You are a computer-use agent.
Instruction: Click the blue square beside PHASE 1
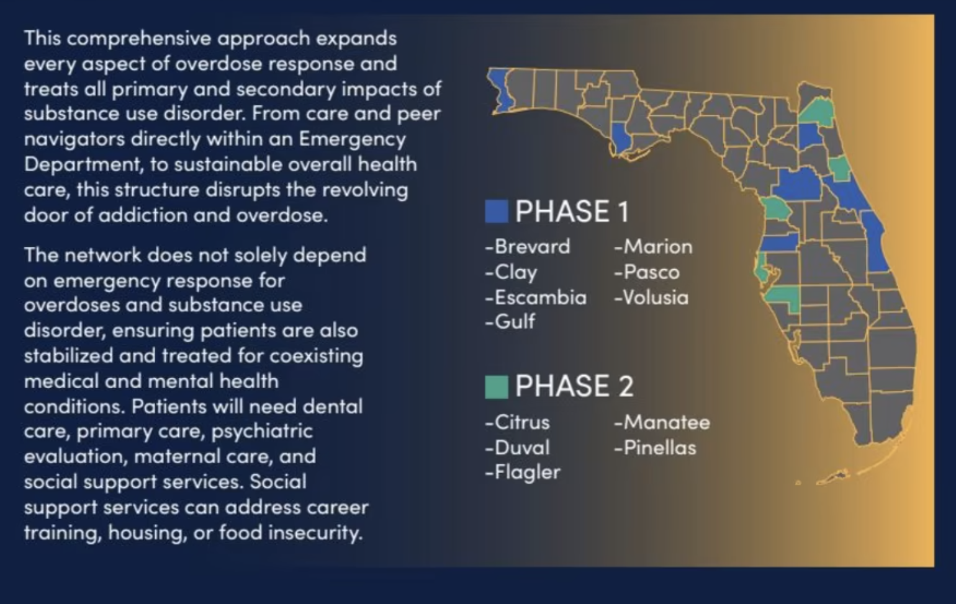pos(496,211)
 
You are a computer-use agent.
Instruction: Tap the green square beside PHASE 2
pos(496,386)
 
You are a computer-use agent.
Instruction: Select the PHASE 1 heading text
pos(572,211)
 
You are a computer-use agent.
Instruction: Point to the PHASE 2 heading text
pos(574,386)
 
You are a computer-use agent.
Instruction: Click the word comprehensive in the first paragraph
pos(139,38)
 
